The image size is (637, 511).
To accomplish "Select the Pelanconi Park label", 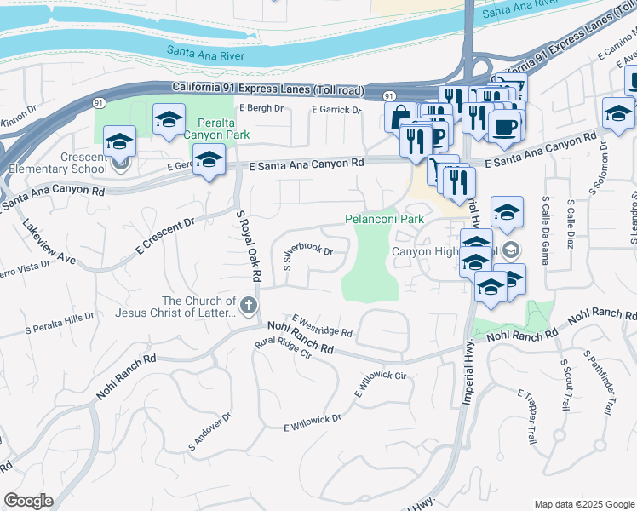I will [x=384, y=219].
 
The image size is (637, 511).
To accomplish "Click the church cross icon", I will [x=249, y=307].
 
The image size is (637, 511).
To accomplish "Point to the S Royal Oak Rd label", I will [x=247, y=246].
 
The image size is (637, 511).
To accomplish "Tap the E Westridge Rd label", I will [x=321, y=324].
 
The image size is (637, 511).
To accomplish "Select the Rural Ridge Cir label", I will [x=284, y=351].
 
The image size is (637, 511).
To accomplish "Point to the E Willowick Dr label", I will [x=313, y=422].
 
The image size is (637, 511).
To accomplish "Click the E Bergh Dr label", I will [x=261, y=108].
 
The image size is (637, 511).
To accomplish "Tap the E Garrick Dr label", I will [x=337, y=110].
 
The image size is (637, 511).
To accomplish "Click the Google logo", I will [x=28, y=501].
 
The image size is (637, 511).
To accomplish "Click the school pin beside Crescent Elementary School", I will [x=119, y=142].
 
